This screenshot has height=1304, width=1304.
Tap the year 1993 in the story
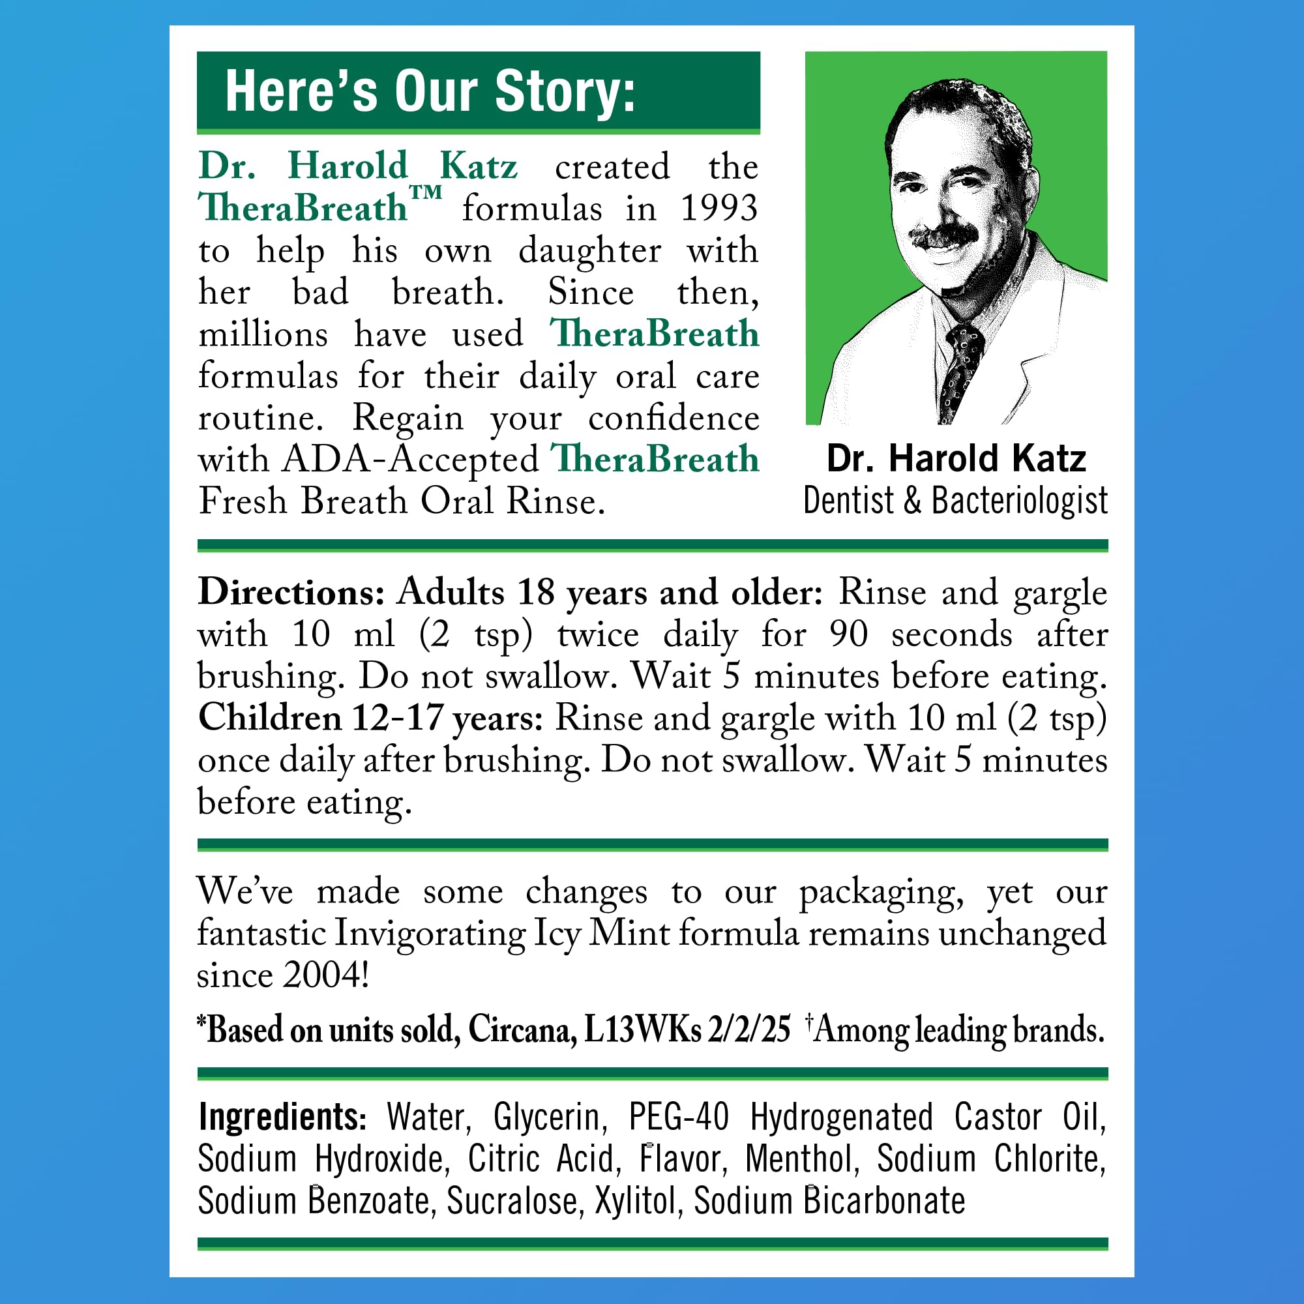tap(718, 208)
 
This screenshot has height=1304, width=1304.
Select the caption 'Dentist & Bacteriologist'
tap(955, 501)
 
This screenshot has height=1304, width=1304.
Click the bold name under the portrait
tap(956, 459)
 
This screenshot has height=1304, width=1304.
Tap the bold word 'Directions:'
tap(291, 593)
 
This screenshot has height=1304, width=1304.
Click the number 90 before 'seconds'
tap(848, 634)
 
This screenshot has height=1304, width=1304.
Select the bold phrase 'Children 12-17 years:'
tap(370, 718)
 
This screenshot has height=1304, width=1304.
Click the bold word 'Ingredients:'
tap(282, 1117)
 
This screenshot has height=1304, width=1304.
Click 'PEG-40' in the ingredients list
tap(678, 1117)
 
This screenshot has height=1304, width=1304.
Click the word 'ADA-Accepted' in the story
tap(409, 460)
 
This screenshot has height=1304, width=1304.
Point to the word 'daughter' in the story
tap(589, 251)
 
